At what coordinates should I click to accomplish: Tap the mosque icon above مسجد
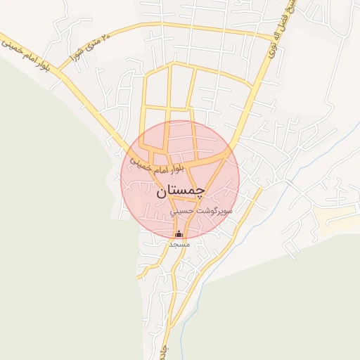pos(179,234)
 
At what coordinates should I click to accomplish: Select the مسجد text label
pos(179,243)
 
